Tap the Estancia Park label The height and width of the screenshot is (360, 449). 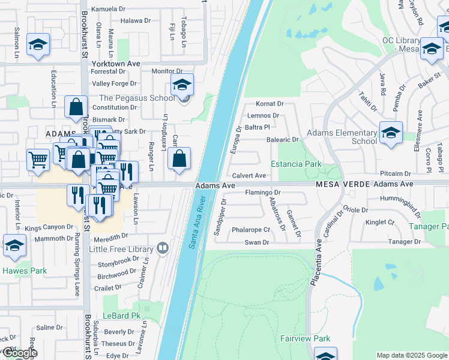coord(296,164)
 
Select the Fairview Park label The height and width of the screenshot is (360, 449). coord(305,338)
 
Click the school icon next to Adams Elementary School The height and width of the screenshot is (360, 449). coord(391,133)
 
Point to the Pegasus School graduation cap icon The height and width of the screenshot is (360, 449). coord(182,85)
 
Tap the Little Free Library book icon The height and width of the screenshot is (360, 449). coord(161,247)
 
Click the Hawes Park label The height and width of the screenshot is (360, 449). coord(24,271)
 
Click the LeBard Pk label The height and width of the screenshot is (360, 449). coord(121,316)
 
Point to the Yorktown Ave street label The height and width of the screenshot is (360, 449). coord(115,63)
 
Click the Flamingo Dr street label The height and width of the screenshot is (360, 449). coord(263,193)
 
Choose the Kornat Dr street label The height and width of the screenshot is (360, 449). coord(270,104)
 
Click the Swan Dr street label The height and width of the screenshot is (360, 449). coord(256,242)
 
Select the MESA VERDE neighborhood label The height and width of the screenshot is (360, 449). coord(343,184)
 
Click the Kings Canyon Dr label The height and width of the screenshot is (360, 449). coord(49,228)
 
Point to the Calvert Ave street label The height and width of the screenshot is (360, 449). coord(249,176)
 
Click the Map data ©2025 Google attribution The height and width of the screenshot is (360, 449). coord(412,355)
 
